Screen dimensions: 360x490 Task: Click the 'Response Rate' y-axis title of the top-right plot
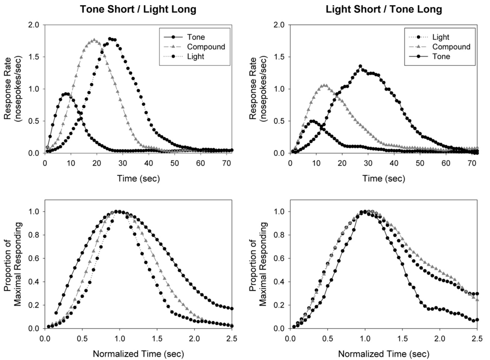[254, 89]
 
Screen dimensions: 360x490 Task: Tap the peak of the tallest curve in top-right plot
[360, 66]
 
